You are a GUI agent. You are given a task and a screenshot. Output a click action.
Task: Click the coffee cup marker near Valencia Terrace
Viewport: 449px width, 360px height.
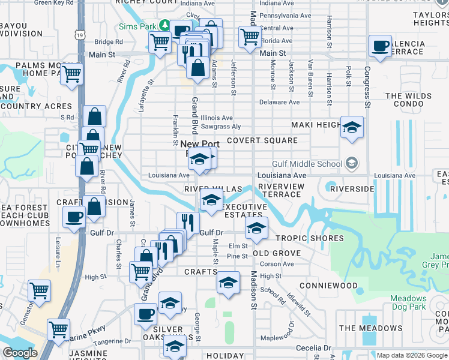[381, 47]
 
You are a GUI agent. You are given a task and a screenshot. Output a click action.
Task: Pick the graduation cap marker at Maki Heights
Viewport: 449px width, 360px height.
[352, 128]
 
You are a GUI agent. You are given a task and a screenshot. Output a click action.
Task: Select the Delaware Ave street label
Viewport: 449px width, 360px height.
[279, 102]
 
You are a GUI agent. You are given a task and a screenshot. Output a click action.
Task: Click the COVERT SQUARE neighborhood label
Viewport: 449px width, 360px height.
[262, 140]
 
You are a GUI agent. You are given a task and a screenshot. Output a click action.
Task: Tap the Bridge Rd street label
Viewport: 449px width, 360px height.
[108, 42]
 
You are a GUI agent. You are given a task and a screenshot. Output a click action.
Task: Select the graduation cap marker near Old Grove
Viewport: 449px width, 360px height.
[256, 228]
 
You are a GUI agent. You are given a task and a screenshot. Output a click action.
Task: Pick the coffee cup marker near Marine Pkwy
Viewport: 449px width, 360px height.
[145, 314]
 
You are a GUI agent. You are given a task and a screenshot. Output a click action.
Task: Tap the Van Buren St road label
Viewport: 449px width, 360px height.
[310, 78]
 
